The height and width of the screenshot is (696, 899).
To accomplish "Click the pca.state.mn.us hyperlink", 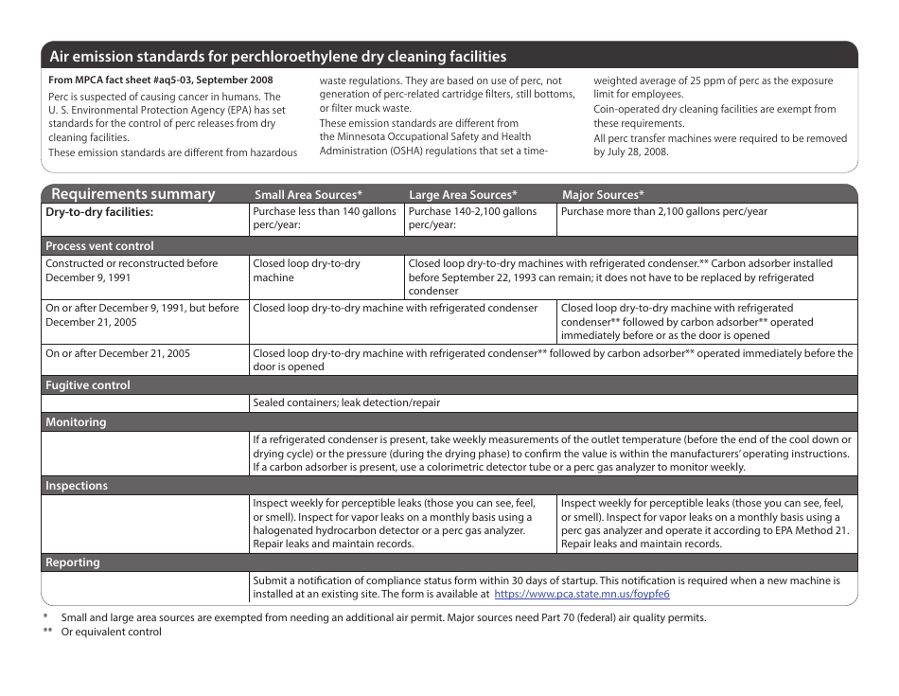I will [x=582, y=594].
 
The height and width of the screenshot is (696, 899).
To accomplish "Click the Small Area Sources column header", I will [x=308, y=195].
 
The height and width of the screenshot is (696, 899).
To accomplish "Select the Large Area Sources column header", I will [x=463, y=195].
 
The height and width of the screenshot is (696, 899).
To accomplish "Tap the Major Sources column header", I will [x=603, y=195].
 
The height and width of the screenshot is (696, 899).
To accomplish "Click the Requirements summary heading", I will [x=133, y=194].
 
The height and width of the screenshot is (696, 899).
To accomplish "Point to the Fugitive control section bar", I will [x=88, y=385].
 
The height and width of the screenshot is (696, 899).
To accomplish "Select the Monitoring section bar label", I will [x=76, y=422].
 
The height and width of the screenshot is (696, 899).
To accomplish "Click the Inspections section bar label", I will [x=77, y=486].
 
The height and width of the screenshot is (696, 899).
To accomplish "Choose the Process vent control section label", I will [x=99, y=246].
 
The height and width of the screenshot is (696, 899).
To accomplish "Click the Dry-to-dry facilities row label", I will [x=99, y=212].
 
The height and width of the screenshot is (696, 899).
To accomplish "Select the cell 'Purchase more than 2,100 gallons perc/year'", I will [x=663, y=212].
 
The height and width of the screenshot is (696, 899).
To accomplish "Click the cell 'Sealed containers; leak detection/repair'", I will [x=346, y=402].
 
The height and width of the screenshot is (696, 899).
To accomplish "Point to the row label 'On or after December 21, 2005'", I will [x=117, y=353].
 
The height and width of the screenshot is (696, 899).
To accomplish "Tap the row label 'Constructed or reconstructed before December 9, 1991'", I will [x=132, y=271].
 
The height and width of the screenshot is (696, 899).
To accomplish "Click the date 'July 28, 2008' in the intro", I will [x=632, y=152].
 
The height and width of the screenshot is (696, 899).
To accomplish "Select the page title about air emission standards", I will [x=277, y=57].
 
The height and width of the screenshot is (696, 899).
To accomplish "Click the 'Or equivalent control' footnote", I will [x=111, y=632].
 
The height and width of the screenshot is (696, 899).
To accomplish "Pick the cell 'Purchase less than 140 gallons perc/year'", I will [x=325, y=219].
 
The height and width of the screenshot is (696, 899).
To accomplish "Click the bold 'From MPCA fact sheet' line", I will [x=160, y=80].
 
